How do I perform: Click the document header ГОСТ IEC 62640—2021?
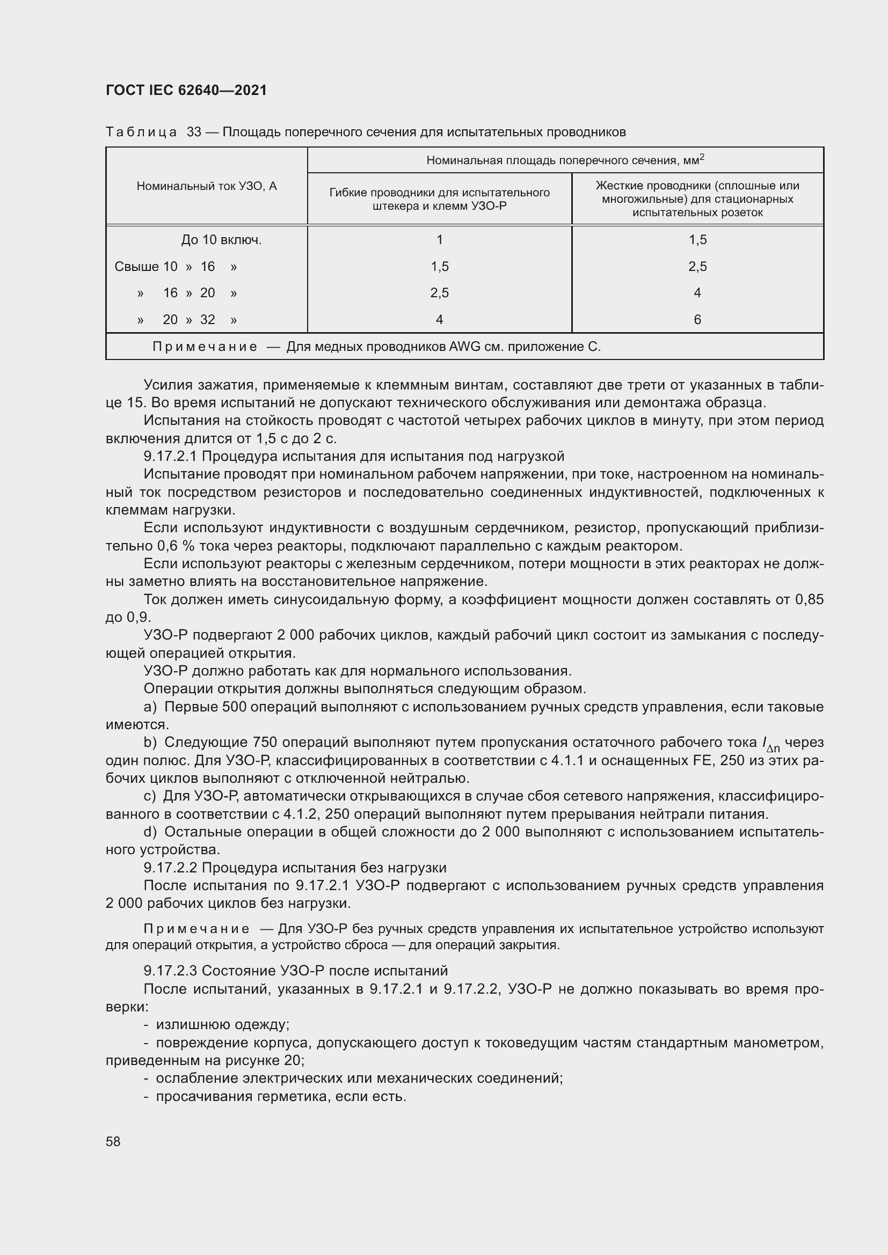click(186, 90)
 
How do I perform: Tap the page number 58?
click(113, 1141)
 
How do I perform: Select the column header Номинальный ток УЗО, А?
click(207, 186)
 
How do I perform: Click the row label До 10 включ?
click(221, 240)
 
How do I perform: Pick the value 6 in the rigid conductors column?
click(697, 320)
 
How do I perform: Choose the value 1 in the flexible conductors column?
click(440, 240)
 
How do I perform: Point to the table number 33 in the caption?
click(194, 133)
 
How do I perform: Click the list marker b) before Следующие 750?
click(150, 742)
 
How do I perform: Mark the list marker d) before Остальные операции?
click(150, 832)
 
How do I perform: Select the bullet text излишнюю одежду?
click(223, 1024)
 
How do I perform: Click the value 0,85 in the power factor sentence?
click(809, 600)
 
